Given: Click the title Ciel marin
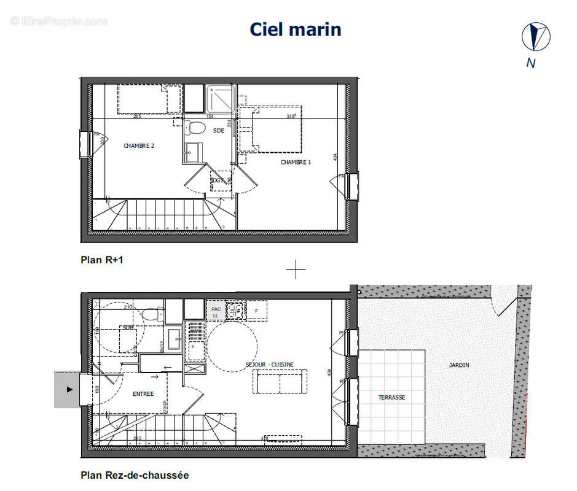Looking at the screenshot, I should [x=295, y=29].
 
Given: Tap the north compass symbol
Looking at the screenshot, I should [x=535, y=36].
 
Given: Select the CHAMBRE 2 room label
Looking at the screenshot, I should [x=139, y=146].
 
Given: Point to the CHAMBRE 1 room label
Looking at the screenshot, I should [x=296, y=162].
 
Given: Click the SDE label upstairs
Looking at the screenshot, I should [x=218, y=131].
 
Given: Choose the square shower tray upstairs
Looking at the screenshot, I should [x=220, y=98].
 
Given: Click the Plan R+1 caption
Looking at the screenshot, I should [x=102, y=260].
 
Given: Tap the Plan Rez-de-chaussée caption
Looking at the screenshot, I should [x=135, y=475].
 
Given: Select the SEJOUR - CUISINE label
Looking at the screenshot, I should [x=269, y=365].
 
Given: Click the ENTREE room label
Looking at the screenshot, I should [x=143, y=394].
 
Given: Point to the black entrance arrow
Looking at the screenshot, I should [x=69, y=389].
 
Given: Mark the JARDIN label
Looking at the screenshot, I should [x=459, y=365].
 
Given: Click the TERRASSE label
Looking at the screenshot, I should [x=391, y=398].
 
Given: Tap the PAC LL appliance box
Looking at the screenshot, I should [x=216, y=312].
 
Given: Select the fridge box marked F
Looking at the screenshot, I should [x=257, y=311].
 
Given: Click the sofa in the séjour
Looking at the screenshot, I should [x=280, y=383].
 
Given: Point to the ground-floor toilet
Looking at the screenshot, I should [x=150, y=315].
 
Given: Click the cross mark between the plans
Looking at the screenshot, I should [x=296, y=269].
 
